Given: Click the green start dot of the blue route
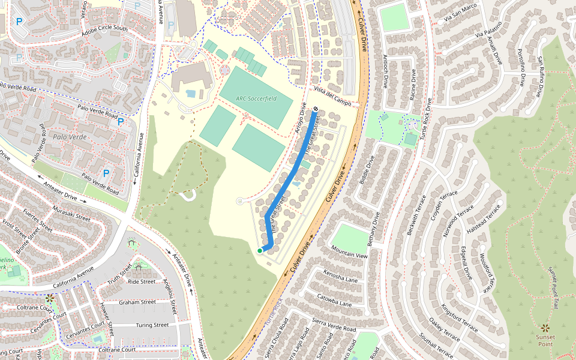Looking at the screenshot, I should point(259,250).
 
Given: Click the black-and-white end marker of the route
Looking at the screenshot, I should point(315,109).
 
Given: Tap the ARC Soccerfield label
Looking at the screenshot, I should point(256,98).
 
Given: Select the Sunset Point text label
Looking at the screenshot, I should point(545,341).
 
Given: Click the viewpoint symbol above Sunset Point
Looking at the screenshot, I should point(545,328).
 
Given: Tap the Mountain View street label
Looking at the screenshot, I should point(349,256).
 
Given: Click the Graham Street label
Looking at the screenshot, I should point(137,302).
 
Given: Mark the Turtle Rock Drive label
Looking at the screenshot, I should point(430,118).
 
